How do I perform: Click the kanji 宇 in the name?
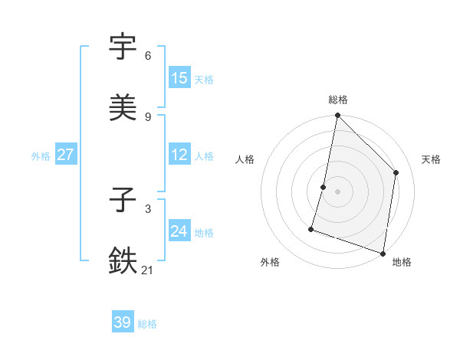point(123,47)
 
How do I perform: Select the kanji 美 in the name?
point(123,106)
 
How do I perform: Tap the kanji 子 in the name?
point(123,201)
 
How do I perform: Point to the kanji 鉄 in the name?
point(123,260)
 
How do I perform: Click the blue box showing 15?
point(179,78)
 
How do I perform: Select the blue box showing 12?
point(179,155)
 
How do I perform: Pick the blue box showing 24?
point(179,231)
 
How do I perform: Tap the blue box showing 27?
point(66,155)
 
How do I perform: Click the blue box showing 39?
point(123,322)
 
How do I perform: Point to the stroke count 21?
point(148,270)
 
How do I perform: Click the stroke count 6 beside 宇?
point(148,56)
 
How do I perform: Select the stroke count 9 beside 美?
point(148,116)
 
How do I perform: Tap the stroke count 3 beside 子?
point(148,208)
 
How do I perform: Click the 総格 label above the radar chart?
point(338,100)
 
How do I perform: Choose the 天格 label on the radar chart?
point(431,159)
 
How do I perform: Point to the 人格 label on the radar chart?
point(245,159)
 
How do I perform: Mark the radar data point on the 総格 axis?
point(338,116)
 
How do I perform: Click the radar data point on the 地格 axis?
point(383,252)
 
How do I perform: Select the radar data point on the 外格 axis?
point(311,228)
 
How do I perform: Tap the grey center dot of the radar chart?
point(338,191)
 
